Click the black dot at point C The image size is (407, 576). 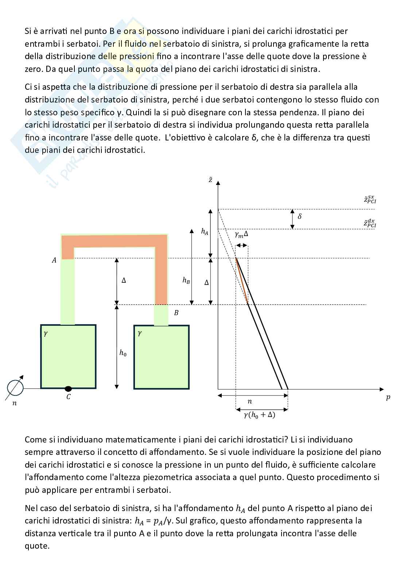click(x=68, y=388)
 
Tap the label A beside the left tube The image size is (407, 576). click(x=54, y=260)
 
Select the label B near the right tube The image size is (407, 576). click(x=176, y=313)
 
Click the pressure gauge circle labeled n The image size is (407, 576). click(x=15, y=388)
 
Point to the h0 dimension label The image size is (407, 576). click(x=123, y=353)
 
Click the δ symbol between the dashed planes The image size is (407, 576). click(x=300, y=216)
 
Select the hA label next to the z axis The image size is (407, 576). click(x=205, y=231)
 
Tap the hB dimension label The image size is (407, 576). click(x=186, y=280)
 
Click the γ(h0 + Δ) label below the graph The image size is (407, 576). click(x=259, y=415)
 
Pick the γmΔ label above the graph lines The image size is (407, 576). click(x=241, y=235)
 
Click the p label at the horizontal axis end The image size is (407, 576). click(x=388, y=398)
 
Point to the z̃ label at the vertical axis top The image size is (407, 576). click(x=210, y=180)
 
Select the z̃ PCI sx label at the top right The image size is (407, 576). click(x=370, y=199)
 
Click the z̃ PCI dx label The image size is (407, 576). click(x=370, y=223)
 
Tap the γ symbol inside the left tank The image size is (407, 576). click(x=46, y=333)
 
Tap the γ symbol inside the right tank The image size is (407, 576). click(x=139, y=333)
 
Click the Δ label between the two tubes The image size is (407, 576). click(x=124, y=281)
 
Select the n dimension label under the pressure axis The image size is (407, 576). click(x=249, y=402)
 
